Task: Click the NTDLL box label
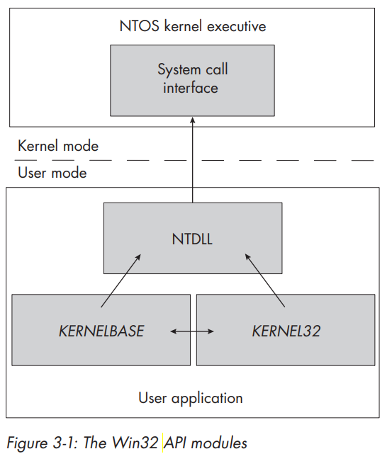point(192,239)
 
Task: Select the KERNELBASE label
point(101,331)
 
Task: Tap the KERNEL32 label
point(286,331)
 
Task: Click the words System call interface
point(192,79)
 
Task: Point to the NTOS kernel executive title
point(192,26)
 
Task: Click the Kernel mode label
point(58,146)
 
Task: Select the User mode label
point(52,173)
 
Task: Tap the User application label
point(191,398)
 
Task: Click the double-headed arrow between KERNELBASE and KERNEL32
point(192,331)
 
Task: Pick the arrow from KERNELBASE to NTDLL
point(121,280)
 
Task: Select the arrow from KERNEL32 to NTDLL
point(264,280)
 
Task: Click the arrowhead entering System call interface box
point(192,120)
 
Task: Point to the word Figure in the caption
point(27,443)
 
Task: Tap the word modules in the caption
point(219,443)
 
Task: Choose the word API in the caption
point(175,443)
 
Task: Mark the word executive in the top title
point(237,26)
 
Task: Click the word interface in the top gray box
point(191,88)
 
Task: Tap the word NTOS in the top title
point(139,26)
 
